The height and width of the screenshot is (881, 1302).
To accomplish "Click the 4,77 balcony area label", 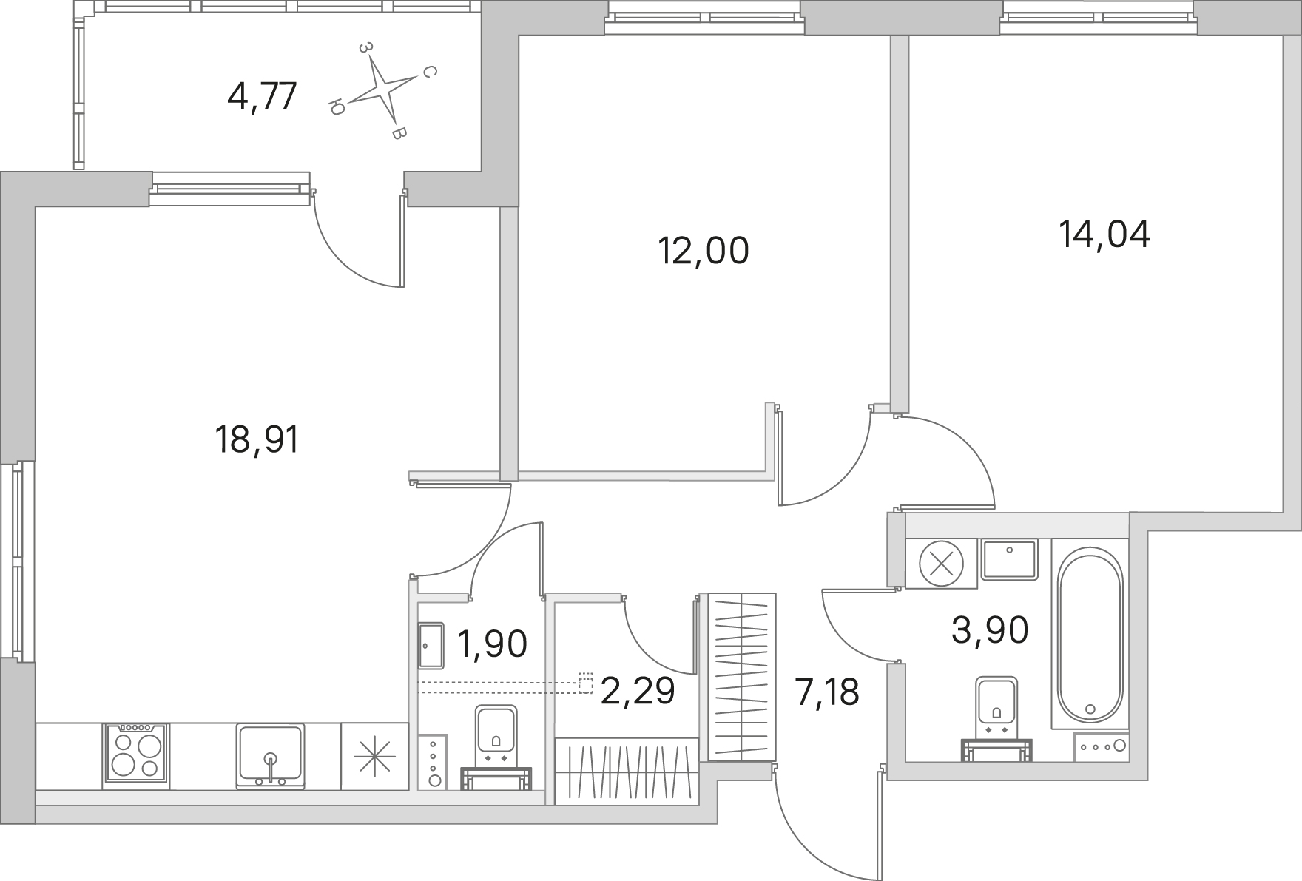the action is (x=263, y=96).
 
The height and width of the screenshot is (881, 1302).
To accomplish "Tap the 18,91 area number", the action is (x=257, y=440).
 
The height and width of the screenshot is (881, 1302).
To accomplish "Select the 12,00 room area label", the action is (x=704, y=251).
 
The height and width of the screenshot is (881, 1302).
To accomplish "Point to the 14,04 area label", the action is (x=1104, y=235).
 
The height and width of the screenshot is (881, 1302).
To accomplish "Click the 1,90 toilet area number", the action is (x=493, y=644).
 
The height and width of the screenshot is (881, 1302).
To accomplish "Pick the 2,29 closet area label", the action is (x=638, y=691).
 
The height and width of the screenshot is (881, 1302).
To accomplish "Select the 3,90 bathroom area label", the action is (x=990, y=631).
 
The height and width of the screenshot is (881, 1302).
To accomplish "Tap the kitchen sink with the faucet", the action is (x=271, y=756).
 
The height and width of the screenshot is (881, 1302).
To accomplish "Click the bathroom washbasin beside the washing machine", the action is (x=1010, y=559).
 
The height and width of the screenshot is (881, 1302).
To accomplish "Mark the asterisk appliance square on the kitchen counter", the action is (x=374, y=756).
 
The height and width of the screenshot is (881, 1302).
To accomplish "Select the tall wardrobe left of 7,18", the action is (x=742, y=676).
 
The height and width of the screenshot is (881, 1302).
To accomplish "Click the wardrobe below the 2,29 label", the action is (x=627, y=771).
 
